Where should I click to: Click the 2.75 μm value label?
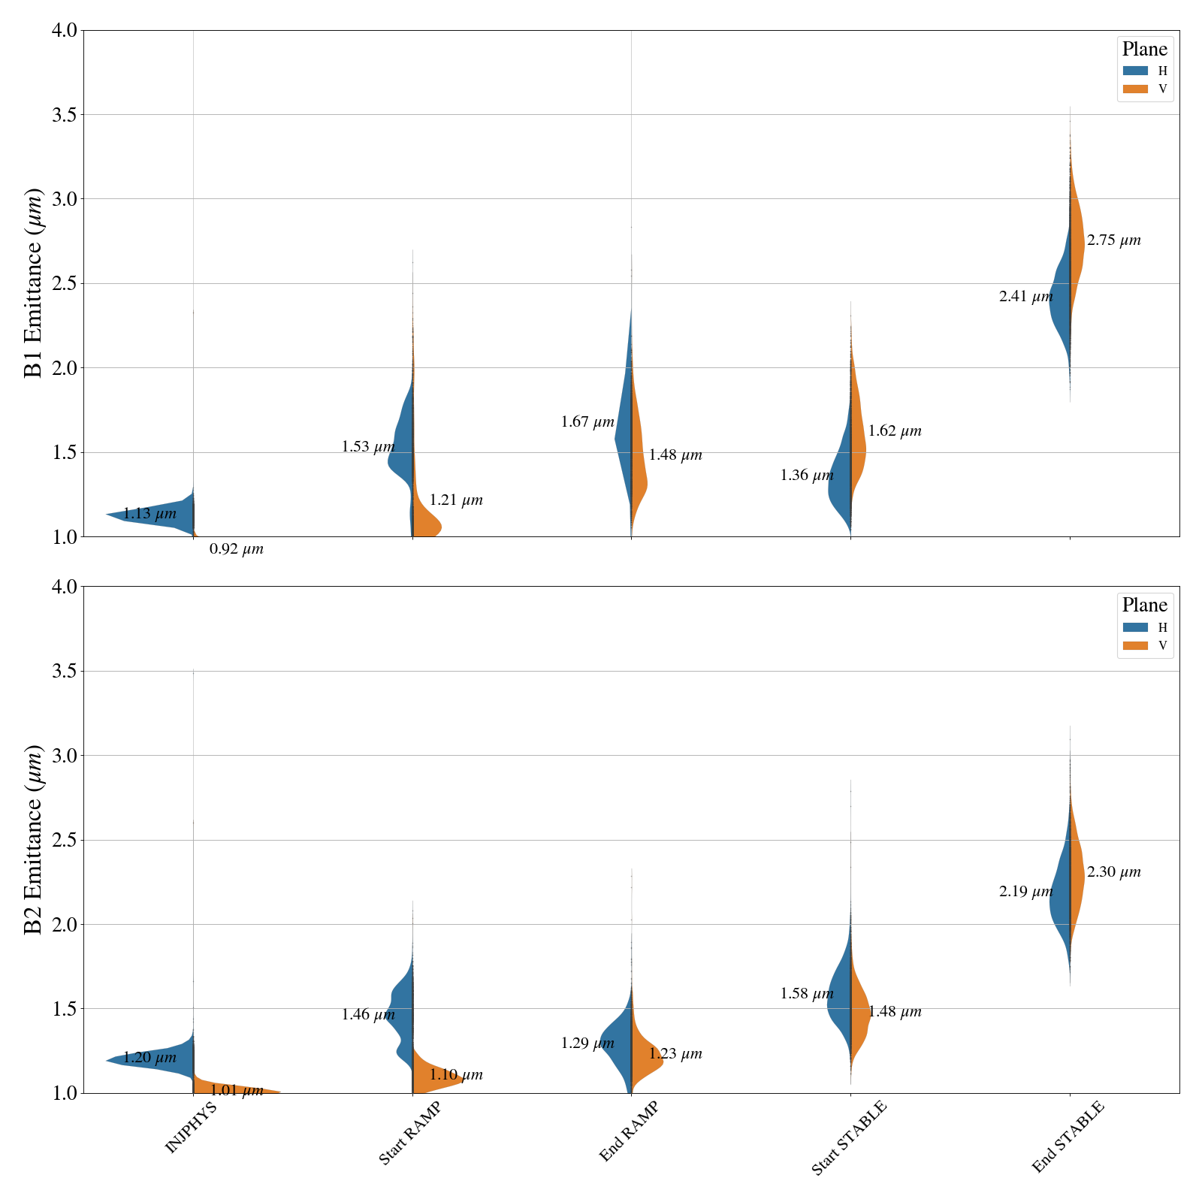[1113, 241]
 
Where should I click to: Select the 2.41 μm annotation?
[1025, 297]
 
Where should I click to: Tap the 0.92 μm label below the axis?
[237, 549]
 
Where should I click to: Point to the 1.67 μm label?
[587, 422]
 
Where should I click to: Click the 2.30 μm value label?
[1113, 872]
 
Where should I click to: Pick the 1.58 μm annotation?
[807, 994]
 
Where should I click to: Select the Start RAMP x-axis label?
[409, 1134]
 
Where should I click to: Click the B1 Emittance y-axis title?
[34, 283]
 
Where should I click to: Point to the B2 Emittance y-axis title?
[34, 840]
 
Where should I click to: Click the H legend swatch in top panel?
[1135, 71]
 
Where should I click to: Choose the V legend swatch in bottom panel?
[1135, 645]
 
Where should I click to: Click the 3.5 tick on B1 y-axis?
[66, 115]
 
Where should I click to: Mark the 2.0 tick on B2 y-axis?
[66, 924]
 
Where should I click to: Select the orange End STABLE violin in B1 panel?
[1077, 240]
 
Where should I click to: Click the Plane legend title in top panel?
[1144, 50]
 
